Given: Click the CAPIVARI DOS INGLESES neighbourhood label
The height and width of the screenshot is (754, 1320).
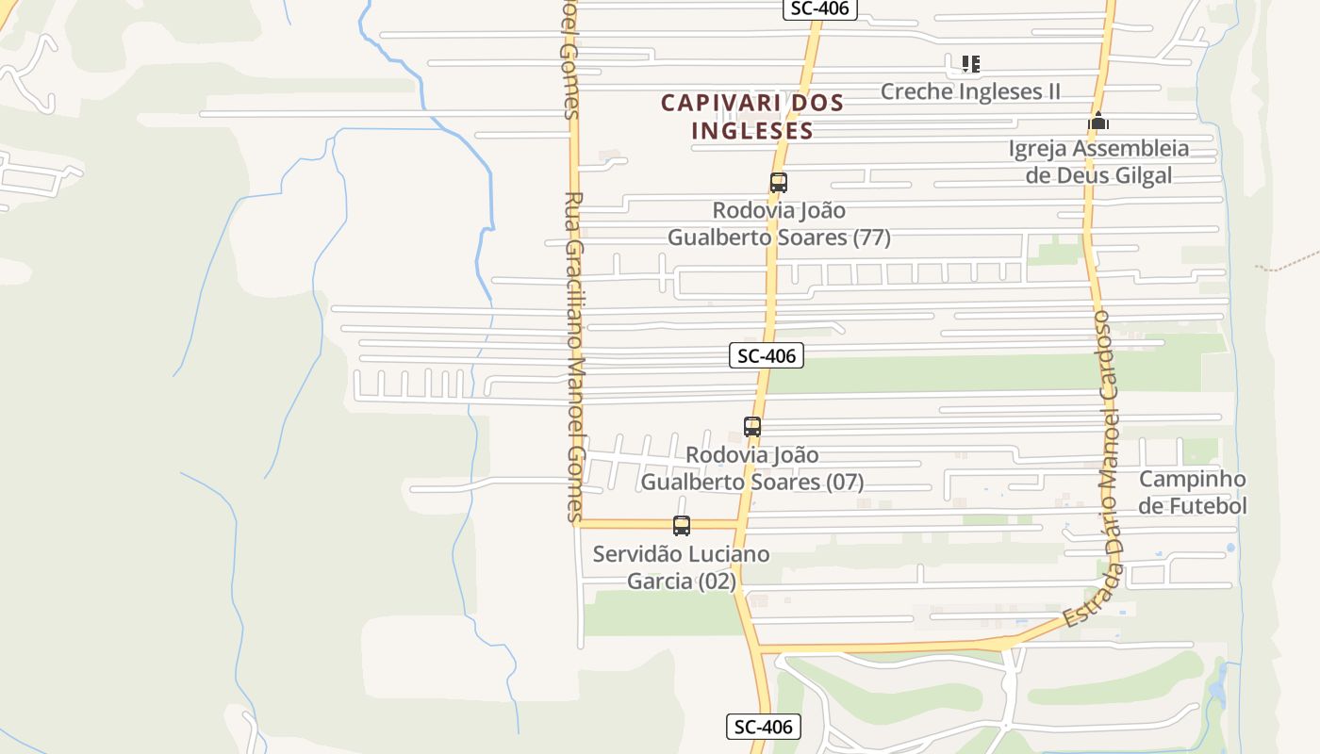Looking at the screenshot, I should [751, 116].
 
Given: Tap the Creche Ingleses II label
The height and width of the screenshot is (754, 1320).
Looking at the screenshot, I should [970, 91].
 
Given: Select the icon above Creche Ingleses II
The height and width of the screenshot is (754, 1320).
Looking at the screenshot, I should [970, 64].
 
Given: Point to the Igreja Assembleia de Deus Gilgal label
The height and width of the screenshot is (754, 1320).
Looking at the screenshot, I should [1098, 161].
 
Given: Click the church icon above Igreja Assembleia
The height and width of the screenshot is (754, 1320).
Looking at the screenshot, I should [1097, 122].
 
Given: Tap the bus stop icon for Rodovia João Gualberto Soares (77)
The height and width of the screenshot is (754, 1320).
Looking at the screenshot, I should [778, 183].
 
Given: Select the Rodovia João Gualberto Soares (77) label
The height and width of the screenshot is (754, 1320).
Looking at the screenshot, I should [779, 223].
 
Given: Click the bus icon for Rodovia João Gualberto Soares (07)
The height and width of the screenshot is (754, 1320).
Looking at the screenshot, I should [751, 426].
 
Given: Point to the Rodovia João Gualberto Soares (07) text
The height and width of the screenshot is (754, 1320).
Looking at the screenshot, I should [752, 468].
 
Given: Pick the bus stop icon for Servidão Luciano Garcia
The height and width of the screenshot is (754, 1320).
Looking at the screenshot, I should [681, 526].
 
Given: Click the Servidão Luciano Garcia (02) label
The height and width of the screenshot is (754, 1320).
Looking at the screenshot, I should [681, 567].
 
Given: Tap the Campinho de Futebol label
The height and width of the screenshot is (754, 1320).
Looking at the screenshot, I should [1192, 492].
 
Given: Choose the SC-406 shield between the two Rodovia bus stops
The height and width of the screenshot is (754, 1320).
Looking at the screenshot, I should [767, 355].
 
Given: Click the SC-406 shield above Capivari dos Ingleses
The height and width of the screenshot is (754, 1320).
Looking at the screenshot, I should [819, 8].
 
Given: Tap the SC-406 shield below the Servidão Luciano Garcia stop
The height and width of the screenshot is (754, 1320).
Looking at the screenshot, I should [764, 727].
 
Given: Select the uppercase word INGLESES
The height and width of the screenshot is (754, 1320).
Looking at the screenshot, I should [751, 130].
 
